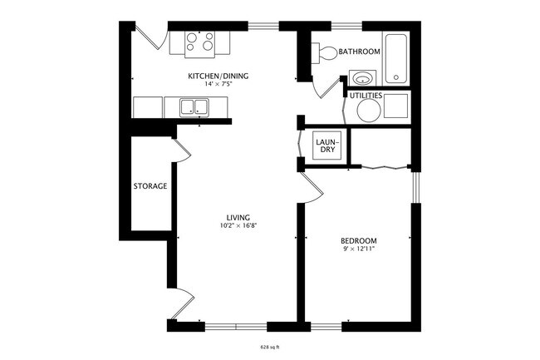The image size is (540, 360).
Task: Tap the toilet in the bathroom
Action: [326, 52]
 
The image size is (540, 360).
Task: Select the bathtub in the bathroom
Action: [395, 57]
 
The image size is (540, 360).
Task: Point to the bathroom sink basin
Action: [361, 79]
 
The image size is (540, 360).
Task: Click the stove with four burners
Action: [199, 42]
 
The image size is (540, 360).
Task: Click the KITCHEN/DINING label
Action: [218, 75]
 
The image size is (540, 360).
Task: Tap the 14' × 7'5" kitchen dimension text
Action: [218, 84]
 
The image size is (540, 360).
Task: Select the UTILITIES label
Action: [366, 96]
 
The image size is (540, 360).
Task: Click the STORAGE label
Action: [150, 186]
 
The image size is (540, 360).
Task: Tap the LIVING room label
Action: [238, 218]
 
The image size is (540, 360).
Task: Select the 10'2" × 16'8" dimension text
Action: [238, 226]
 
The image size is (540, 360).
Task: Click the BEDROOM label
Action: [359, 240]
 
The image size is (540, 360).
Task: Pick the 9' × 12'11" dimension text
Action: [359, 249]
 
